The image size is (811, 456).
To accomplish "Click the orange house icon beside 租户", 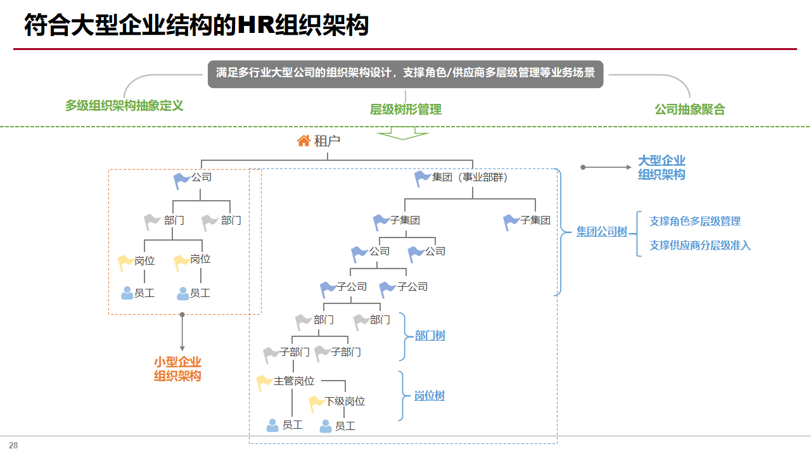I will click(304, 141).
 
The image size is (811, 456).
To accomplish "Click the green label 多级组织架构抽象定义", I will click(124, 106).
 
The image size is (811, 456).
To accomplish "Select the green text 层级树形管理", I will click(405, 109).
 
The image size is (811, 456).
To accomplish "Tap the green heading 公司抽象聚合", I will click(689, 109).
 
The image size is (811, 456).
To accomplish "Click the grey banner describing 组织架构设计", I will click(405, 73).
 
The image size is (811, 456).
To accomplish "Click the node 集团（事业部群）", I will click(469, 177).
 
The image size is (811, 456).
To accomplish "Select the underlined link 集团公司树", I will click(601, 232).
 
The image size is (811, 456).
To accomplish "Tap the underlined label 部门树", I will click(430, 336).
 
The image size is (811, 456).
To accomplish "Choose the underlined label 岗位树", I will click(429, 396).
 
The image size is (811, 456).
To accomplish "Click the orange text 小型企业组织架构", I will click(177, 369).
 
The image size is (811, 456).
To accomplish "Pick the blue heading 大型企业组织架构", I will click(661, 168).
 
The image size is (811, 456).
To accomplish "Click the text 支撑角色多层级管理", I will click(695, 221).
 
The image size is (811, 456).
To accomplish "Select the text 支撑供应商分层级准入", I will click(699, 245).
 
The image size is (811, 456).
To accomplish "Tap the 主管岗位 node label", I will click(294, 381).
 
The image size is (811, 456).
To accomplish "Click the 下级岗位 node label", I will click(345, 402).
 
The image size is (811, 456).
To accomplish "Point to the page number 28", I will click(13, 445).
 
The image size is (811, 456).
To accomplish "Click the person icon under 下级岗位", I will click(326, 426).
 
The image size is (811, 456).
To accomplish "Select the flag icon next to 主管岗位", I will click(264, 382).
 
